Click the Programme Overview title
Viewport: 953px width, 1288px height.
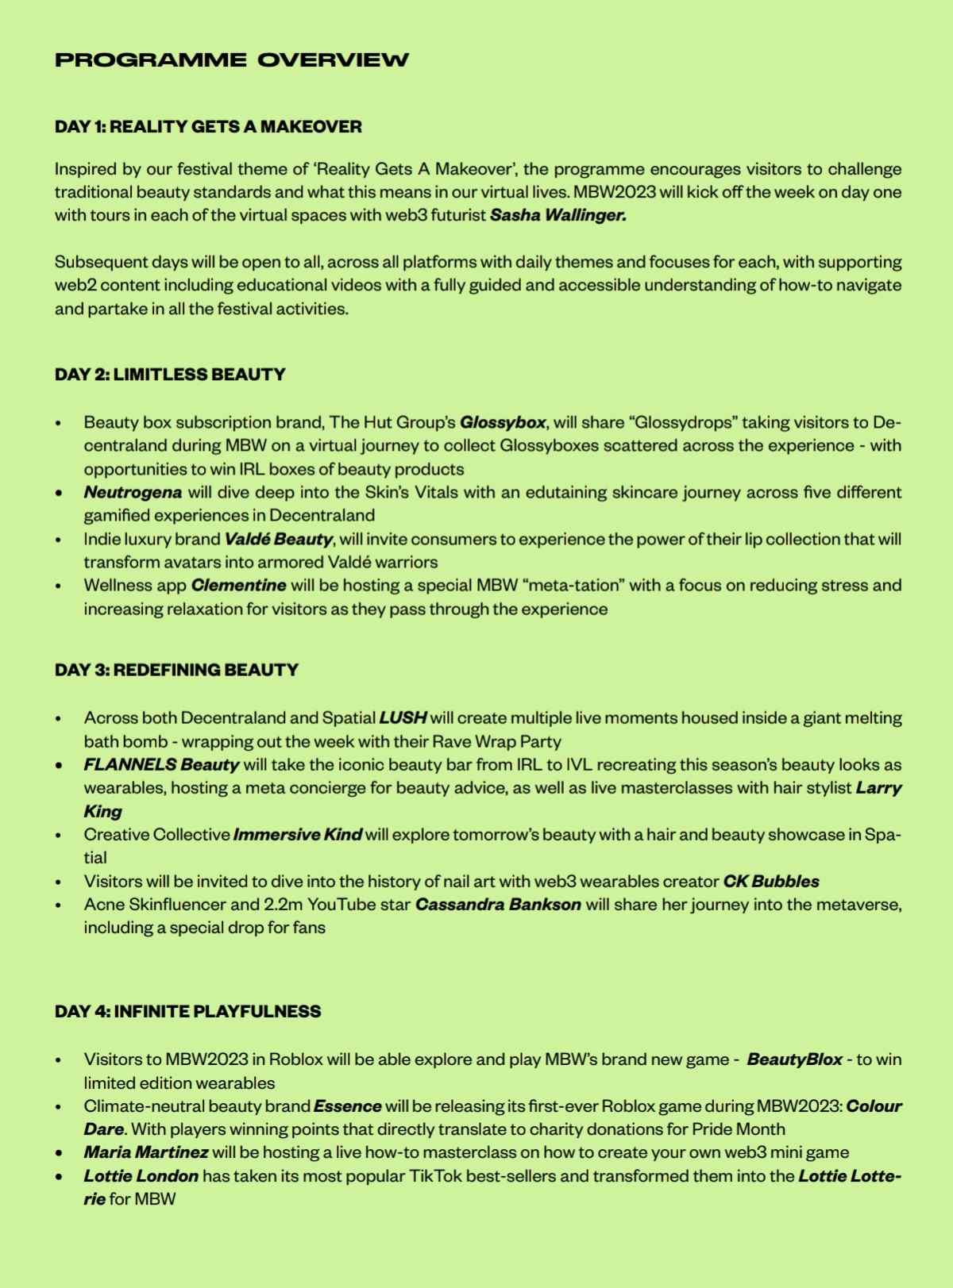[x=232, y=60]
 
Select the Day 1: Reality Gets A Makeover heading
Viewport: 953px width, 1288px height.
[x=208, y=127]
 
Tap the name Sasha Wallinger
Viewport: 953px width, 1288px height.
[x=558, y=216]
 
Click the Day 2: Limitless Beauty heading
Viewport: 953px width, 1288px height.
[x=170, y=375]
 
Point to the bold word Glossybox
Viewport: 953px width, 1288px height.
[x=502, y=422]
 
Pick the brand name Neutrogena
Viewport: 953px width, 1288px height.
[x=133, y=492]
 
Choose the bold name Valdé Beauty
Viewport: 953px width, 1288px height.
[x=278, y=540]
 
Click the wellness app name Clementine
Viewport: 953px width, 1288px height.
[x=238, y=586]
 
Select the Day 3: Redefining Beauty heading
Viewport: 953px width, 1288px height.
[x=176, y=670]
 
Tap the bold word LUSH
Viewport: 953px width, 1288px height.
[x=403, y=718]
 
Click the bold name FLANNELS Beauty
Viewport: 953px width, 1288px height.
[x=161, y=765]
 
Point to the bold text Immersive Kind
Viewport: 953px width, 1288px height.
[x=298, y=835]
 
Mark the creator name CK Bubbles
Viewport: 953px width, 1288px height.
[x=770, y=882]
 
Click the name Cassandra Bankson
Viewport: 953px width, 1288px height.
[x=498, y=905]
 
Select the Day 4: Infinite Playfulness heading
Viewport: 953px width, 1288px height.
[x=187, y=1012]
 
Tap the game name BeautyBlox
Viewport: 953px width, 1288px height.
[x=794, y=1060]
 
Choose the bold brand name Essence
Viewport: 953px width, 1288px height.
[x=347, y=1106]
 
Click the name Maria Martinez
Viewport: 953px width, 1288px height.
[x=146, y=1152]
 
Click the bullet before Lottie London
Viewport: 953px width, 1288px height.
[x=59, y=1177]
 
